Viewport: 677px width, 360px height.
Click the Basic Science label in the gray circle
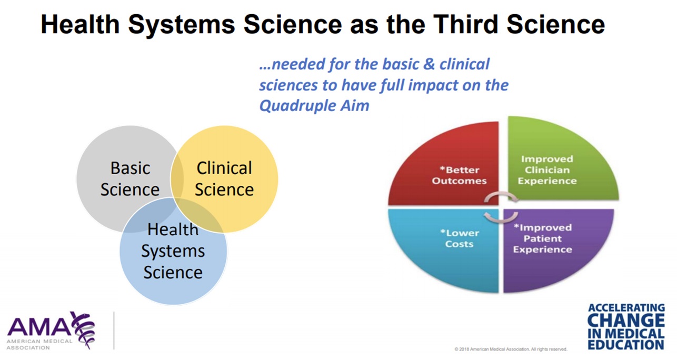pos(130,179)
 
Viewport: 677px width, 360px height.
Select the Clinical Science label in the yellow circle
pos(224,179)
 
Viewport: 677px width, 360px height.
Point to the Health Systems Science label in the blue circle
pos(173,251)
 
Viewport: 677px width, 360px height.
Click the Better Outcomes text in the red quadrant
pos(459,175)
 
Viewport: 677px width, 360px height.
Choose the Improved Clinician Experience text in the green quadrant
pos(547,170)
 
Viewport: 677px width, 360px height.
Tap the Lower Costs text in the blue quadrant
pos(459,238)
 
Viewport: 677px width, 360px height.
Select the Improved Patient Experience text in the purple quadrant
pos(542,238)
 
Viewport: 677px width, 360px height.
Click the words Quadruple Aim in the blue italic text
pos(314,105)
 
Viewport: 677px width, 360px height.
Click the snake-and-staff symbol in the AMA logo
pos(83,328)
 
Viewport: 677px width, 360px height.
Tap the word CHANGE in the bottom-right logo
pos(625,321)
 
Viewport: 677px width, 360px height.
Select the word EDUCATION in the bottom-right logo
pos(625,345)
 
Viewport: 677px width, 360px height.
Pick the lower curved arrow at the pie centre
pos(501,216)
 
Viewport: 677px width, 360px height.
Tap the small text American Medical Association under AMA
pos(39,344)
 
